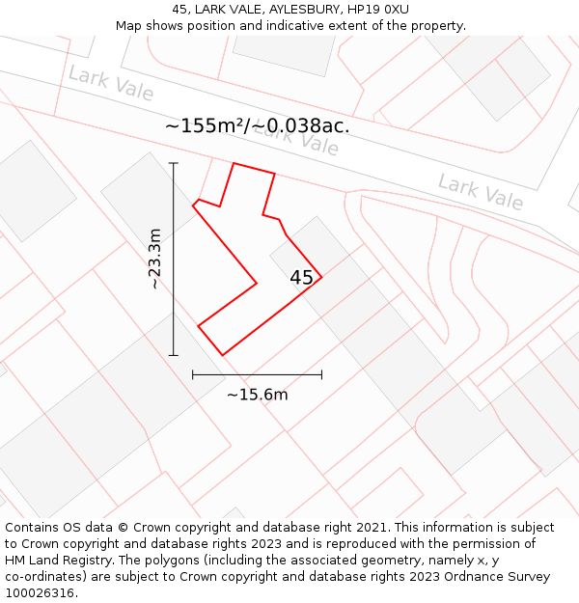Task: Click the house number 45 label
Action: coord(301,278)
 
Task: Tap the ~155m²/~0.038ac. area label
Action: coord(257,125)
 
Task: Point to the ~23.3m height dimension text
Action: coord(154,259)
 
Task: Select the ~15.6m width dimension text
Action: coord(257,394)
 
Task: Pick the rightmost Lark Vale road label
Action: coord(481,191)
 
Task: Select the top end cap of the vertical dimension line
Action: coord(174,163)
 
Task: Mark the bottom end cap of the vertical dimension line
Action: coord(174,355)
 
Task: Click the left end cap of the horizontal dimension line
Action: coord(193,374)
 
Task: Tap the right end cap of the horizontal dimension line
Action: coord(321,374)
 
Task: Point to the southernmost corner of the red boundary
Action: coord(223,355)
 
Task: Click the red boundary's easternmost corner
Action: coord(321,278)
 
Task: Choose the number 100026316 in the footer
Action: coord(41,593)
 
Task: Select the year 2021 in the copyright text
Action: coord(372,528)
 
